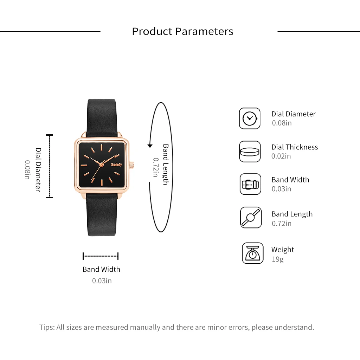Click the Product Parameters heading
coord(182,31)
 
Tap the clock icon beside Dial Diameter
coord(250,118)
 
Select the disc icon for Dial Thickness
coord(250,152)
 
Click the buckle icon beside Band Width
coord(250,184)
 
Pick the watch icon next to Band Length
coord(251,217)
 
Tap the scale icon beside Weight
coord(252,253)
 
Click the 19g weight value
coord(278,259)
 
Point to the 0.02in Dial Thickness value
coord(281,156)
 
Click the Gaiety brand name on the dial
coord(116,165)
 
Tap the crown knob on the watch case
coord(131,165)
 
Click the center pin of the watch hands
coord(101,165)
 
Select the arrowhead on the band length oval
coord(150,146)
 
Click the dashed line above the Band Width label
coord(101,256)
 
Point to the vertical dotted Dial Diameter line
coord(50,166)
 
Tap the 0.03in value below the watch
coord(102,281)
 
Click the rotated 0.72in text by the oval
coord(156,167)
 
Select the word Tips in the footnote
coord(47,327)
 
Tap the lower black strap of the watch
coord(102,215)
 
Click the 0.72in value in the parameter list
coord(282,223)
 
